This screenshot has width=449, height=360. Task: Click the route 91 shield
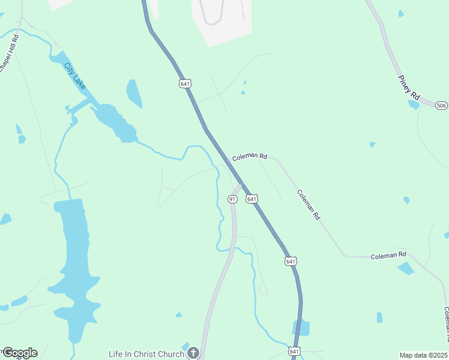coord(232,199)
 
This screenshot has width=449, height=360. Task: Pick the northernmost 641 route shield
coord(185,84)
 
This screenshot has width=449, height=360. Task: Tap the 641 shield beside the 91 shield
coord(252,199)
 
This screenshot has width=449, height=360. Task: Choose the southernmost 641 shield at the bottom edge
coord(294,350)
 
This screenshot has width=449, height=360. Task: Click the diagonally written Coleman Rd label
coord(308,205)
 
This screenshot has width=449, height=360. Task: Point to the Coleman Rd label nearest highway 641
coord(250,156)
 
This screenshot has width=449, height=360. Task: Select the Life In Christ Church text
coord(146,354)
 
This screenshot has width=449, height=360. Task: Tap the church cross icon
coord(193,353)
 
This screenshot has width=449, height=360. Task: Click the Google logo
coord(20,353)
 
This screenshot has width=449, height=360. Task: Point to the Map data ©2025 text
coord(423,355)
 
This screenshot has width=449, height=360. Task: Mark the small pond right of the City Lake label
coord(134,94)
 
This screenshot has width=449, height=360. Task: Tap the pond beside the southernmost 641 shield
coord(302,328)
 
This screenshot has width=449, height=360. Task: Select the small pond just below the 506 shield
coord(414,104)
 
